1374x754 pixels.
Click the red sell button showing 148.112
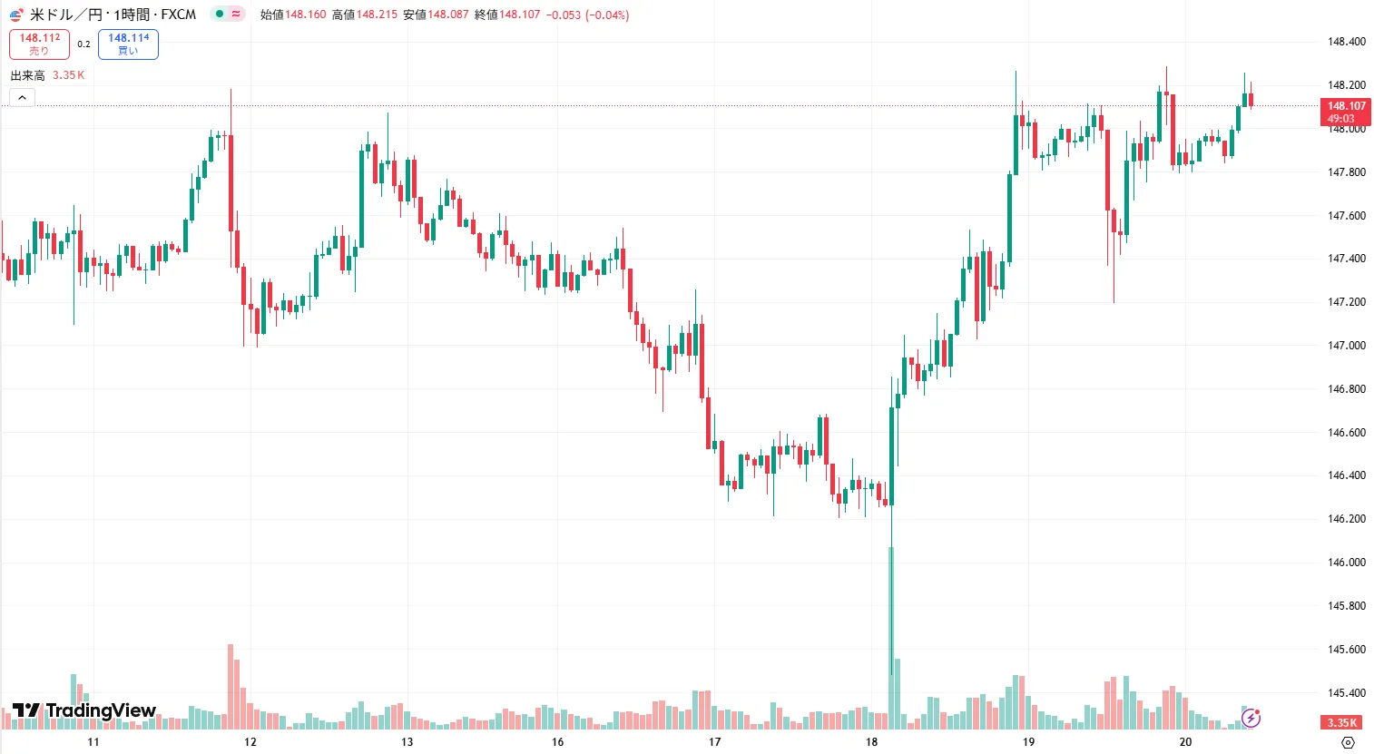(39, 44)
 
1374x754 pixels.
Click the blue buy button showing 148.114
(128, 44)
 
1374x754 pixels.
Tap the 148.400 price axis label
(1346, 42)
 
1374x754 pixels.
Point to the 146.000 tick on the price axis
(1346, 563)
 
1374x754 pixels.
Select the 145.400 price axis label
(1346, 693)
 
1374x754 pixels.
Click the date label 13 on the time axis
(407, 742)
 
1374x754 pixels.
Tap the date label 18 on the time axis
(871, 742)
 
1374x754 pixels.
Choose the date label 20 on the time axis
(1185, 742)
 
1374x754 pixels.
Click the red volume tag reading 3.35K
(1341, 722)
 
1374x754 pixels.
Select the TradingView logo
(84, 710)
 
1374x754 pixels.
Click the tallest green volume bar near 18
(891, 635)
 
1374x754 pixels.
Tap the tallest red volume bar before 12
(231, 685)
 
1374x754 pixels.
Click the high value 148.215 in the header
(377, 15)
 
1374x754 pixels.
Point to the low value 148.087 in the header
(448, 15)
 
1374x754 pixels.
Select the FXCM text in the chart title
(179, 15)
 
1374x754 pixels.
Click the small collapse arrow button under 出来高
(23, 97)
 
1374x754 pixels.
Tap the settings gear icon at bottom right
(1348, 742)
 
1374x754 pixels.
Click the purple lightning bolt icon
(1251, 719)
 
